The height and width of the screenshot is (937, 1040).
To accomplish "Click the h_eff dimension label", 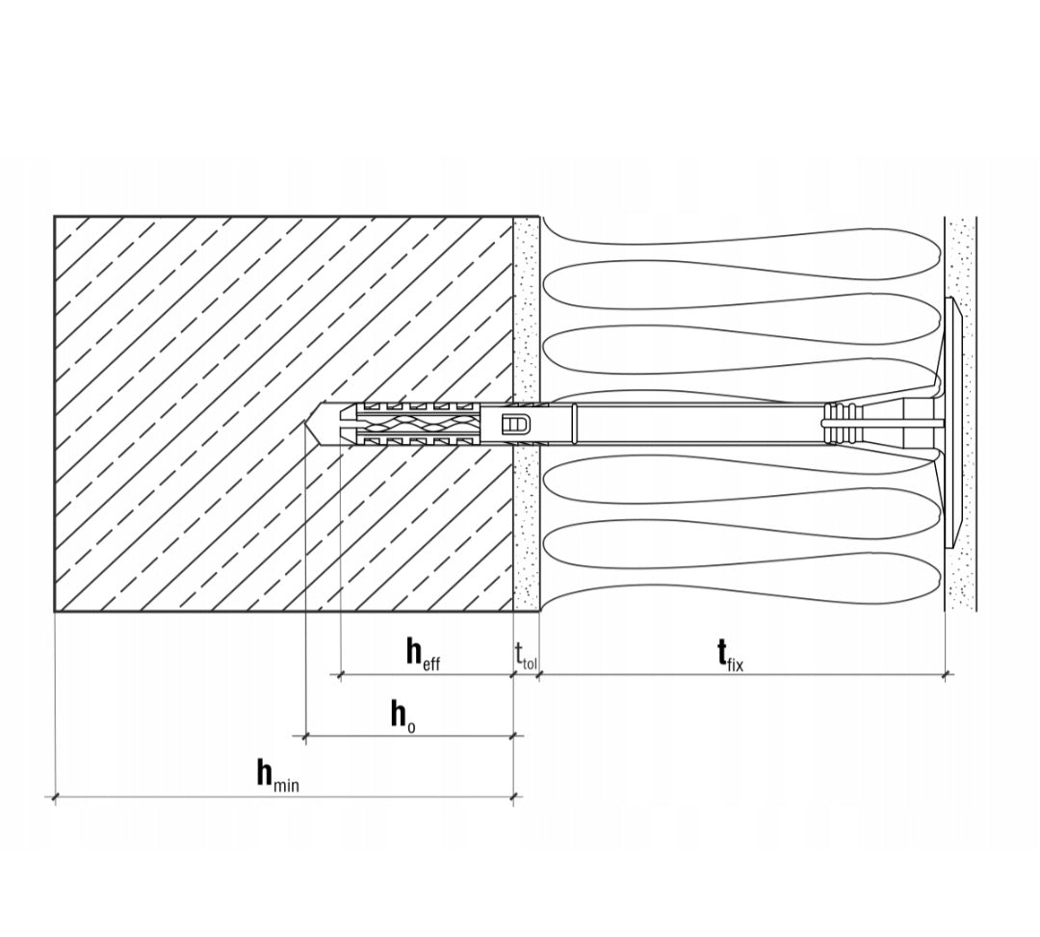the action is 423,654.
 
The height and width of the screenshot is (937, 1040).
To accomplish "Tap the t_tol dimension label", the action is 526,655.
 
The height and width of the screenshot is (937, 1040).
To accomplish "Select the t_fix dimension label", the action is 730,655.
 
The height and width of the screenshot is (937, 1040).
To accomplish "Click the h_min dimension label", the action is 278,775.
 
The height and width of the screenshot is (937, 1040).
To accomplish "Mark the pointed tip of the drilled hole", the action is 306,423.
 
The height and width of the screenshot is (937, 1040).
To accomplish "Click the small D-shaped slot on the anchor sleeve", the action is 517,423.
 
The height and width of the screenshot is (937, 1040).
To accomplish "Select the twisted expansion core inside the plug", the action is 418,423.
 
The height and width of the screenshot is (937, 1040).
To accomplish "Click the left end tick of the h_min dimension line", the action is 54,796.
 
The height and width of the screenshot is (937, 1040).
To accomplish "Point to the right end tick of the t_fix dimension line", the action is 946,675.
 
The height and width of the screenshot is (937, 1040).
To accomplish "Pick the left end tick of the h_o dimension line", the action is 305,736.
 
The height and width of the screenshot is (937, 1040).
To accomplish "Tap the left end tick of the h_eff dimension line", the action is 340,675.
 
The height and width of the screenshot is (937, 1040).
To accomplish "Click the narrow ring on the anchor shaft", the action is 574,423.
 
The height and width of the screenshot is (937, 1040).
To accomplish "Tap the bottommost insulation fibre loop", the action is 742,567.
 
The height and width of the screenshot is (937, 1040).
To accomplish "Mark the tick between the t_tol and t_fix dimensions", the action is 538,675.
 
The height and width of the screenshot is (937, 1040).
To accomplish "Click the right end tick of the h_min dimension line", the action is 513,796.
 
